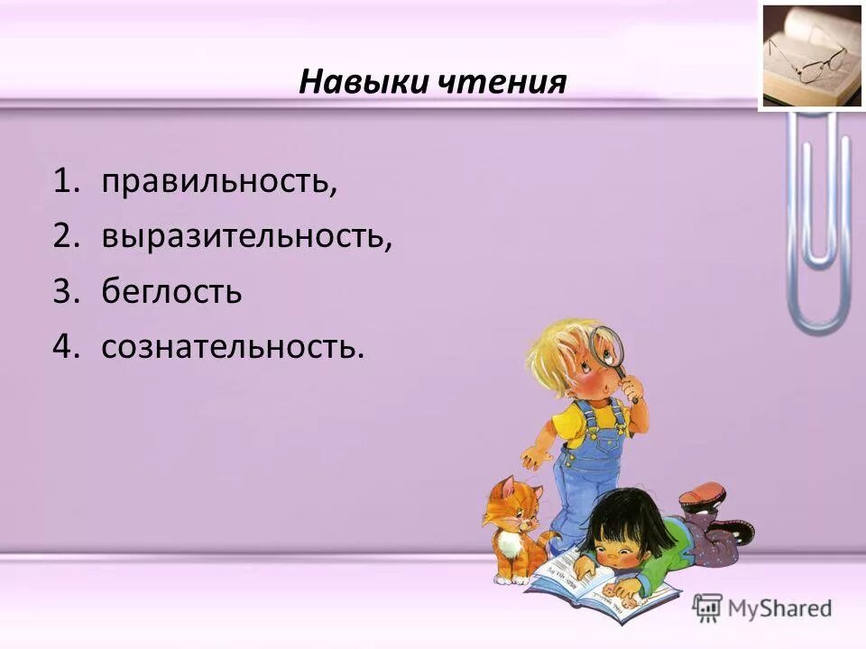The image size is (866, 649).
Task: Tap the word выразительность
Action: point(246,237)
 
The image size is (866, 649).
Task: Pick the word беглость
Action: point(171,292)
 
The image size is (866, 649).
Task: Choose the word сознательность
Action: point(233,347)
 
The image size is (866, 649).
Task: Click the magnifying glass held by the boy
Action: point(606,347)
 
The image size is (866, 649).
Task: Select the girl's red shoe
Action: point(704,494)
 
